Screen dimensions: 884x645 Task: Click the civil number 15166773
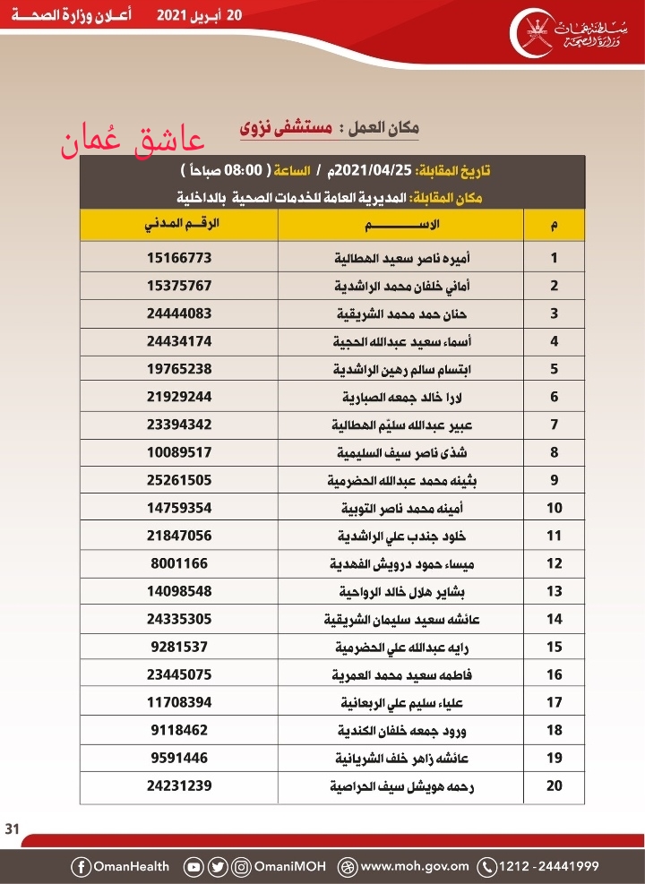179,258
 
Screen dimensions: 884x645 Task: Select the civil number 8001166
179,563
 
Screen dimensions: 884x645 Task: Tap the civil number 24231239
179,785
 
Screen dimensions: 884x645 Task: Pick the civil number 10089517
179,452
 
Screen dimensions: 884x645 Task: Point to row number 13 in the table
555,591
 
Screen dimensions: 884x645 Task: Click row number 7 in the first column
555,425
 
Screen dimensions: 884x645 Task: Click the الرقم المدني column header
178,224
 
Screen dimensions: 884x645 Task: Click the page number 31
13,827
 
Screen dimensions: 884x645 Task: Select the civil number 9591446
179,758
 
